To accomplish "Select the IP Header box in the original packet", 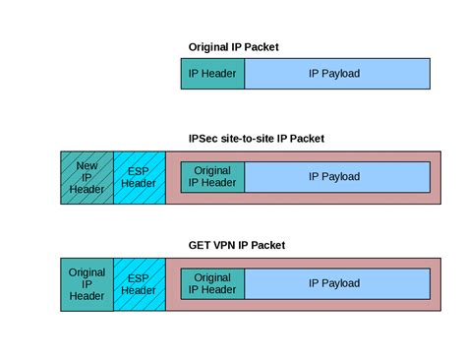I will [212, 74].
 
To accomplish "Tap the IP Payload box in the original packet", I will [336, 74].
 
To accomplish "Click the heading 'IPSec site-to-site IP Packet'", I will [256, 138].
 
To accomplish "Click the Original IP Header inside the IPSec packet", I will [212, 176].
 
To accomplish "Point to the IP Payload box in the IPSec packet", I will [336, 176].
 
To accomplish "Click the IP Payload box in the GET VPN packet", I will [336, 282].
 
